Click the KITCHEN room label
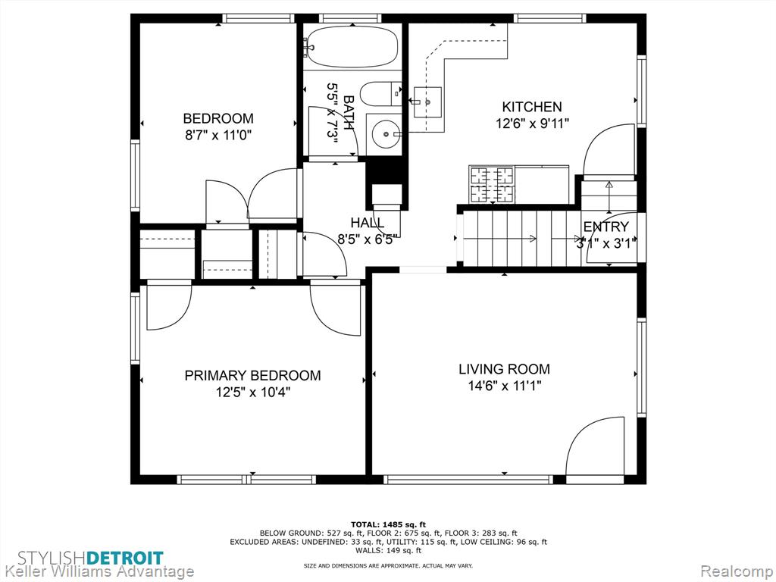(532, 107)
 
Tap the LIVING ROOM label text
(504, 369)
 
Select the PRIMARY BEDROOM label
(252, 376)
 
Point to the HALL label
(367, 223)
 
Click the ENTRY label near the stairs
(605, 227)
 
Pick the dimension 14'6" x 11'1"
(505, 386)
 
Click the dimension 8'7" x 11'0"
(219, 135)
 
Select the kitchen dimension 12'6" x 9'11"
(532, 124)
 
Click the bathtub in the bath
(352, 47)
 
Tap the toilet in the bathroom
(381, 93)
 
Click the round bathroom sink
(386, 133)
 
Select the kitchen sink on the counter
(427, 102)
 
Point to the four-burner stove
(492, 184)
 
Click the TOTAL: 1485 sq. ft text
(388, 524)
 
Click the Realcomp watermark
(737, 571)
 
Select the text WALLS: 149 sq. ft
(389, 550)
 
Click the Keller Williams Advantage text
(98, 571)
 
